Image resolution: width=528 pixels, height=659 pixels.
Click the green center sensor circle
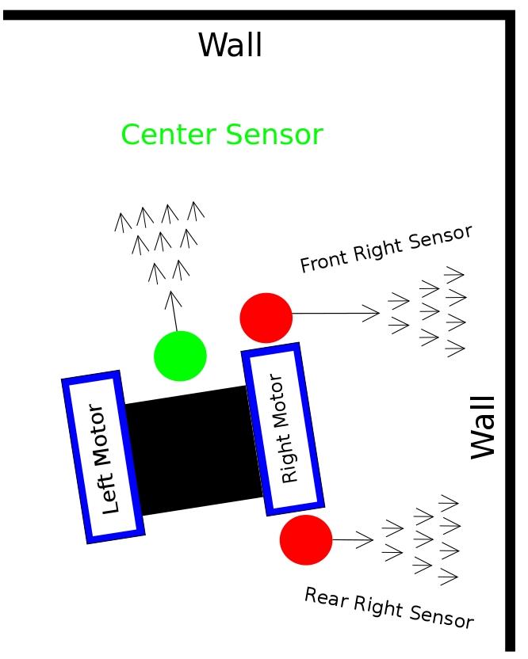click(180, 356)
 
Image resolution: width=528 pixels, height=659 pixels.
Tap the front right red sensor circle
click(266, 318)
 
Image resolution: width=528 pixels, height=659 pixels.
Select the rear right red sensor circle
click(306, 540)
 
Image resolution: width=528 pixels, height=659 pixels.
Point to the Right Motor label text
click(283, 429)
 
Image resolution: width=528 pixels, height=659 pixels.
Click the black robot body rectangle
click(194, 449)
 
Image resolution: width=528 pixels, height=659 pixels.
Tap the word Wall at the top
click(230, 45)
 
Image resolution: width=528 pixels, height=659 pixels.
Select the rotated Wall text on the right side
click(483, 427)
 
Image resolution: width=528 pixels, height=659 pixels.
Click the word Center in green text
click(168, 135)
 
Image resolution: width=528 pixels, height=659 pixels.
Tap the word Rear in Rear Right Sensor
click(325, 596)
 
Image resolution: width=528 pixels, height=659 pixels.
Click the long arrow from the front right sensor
click(336, 314)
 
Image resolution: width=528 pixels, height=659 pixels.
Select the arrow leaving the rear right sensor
click(352, 540)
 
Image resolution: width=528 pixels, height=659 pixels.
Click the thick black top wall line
click(254, 14)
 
